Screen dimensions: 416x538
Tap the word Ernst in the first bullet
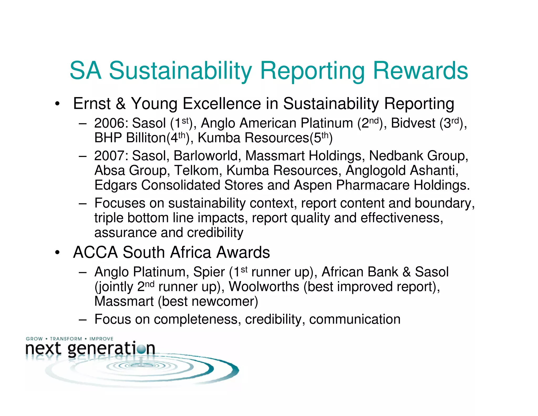pos(92,103)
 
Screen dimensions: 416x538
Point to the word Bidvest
pos(413,123)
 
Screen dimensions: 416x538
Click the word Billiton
pos(146,138)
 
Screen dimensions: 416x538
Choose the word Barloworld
pos(205,156)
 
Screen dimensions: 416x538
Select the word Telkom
pos(196,170)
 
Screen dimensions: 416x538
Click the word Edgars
pos(116,185)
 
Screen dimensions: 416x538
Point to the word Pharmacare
pos(373,185)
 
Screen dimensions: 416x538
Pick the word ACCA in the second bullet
pos(95,252)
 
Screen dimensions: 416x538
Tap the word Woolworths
pos(264,287)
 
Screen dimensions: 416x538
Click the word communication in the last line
pos(355,319)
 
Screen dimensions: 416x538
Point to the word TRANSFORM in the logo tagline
pos(66,339)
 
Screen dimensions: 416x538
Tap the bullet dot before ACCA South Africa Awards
pos(58,253)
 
